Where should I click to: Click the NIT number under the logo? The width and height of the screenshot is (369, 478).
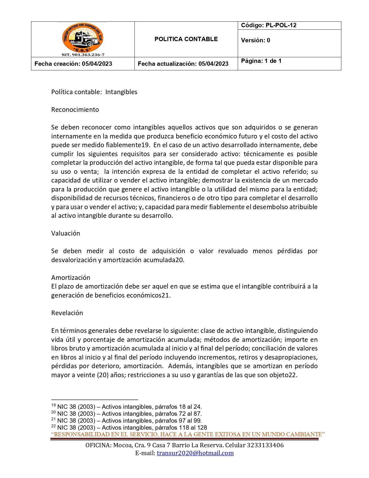click(x=83, y=54)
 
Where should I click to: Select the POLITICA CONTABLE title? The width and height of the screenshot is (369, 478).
click(x=186, y=39)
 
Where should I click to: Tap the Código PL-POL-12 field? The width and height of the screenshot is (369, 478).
click(x=269, y=25)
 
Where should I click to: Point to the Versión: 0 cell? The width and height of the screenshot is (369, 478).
click(x=255, y=40)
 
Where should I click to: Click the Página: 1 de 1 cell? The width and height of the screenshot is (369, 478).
click(x=261, y=61)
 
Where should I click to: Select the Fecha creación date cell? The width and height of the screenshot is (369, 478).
click(x=73, y=64)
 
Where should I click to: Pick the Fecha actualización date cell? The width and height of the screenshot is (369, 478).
click(x=183, y=64)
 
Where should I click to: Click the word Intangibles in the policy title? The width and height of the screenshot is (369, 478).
click(x=121, y=92)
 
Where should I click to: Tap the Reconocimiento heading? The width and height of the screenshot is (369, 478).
click(x=75, y=110)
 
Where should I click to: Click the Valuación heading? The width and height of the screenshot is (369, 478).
click(x=65, y=233)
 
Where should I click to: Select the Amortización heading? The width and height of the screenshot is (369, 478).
click(x=71, y=278)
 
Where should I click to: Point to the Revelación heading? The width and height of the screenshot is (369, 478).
click(x=67, y=313)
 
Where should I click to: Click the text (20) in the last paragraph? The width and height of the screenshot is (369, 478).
click(x=102, y=375)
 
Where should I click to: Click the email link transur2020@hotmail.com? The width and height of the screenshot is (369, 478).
click(x=195, y=453)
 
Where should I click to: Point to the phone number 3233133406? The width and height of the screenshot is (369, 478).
click(x=265, y=445)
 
